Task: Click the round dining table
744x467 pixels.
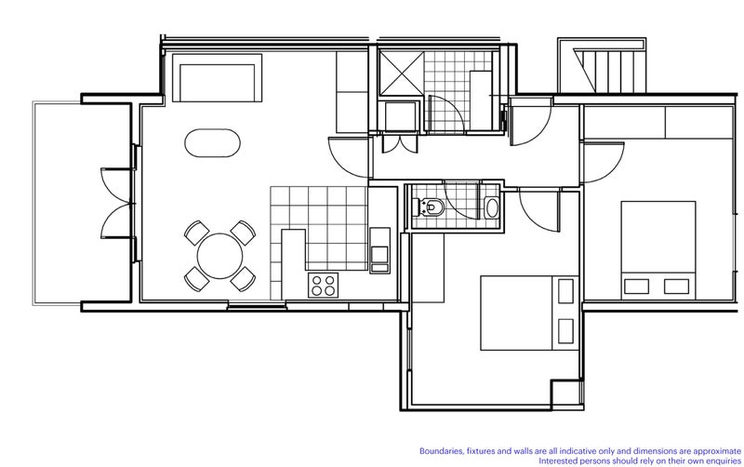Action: coord(219,256)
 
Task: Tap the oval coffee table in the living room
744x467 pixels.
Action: coord(212,143)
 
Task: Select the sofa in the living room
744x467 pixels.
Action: coord(217,78)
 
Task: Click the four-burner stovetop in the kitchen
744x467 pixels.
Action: coord(323,286)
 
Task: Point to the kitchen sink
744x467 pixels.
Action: coord(379,250)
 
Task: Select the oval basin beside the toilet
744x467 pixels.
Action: coord(492,207)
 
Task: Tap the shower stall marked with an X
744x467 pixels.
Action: coord(402,73)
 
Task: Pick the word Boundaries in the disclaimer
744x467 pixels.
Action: coord(439,451)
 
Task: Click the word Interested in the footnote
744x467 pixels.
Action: coord(557,460)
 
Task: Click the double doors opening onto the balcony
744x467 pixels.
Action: coord(117,203)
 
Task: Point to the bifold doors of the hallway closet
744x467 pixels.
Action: coord(400,143)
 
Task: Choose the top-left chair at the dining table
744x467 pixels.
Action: coord(196,233)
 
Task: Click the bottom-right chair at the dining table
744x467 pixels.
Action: coord(244,279)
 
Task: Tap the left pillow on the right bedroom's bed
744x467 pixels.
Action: coord(636,287)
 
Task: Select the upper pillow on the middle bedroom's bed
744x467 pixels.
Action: coord(565,291)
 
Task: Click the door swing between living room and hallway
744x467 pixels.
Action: coord(348,157)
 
